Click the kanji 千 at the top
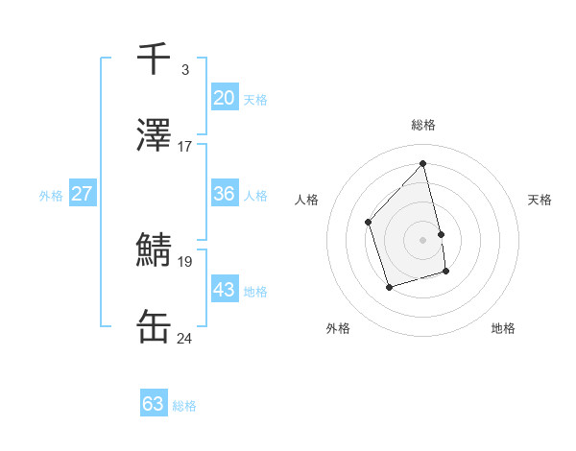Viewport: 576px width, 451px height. (x=154, y=59)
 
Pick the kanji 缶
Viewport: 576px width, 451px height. (x=154, y=327)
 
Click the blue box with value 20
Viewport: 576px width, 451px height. (x=224, y=97)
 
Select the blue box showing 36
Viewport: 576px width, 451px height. (x=224, y=193)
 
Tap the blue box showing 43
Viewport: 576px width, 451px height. (x=224, y=289)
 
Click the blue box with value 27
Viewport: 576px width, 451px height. (x=82, y=193)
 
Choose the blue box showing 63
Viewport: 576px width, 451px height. (x=154, y=404)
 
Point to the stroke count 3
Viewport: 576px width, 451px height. (x=184, y=70)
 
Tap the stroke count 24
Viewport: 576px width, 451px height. (x=184, y=339)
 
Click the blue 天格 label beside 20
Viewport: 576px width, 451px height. (x=255, y=100)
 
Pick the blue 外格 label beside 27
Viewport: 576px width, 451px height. (x=51, y=196)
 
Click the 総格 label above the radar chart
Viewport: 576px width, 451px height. (x=422, y=126)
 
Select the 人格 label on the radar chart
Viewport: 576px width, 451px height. (x=307, y=200)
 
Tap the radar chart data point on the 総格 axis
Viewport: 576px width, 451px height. (x=422, y=164)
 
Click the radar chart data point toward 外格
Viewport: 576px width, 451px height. (x=389, y=287)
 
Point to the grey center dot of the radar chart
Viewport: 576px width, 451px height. (x=422, y=239)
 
